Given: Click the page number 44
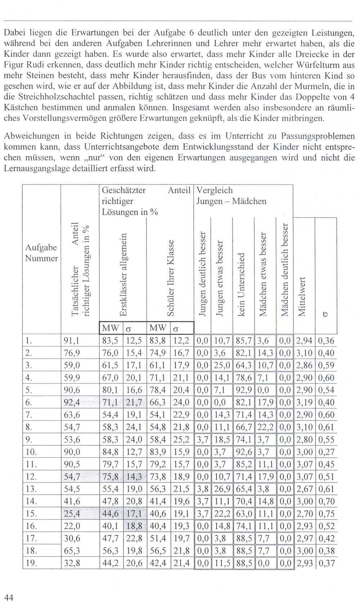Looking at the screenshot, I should coord(9,598).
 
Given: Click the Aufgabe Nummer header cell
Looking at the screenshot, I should coord(41,253).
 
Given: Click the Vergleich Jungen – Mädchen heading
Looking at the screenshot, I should coord(231,196).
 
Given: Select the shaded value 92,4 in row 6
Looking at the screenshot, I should coord(71,402).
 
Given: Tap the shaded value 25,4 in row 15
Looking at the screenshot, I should coord(71,513).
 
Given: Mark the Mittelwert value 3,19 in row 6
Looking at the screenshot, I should coord(304,402).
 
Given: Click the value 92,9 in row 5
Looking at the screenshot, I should coord(243,390).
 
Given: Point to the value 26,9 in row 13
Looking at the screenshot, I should coord(221,489).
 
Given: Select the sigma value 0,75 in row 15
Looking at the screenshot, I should coord(327,513).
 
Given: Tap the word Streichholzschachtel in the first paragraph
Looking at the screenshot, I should coord(49,97).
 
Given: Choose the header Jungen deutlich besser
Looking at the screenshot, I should coord(202,275).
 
